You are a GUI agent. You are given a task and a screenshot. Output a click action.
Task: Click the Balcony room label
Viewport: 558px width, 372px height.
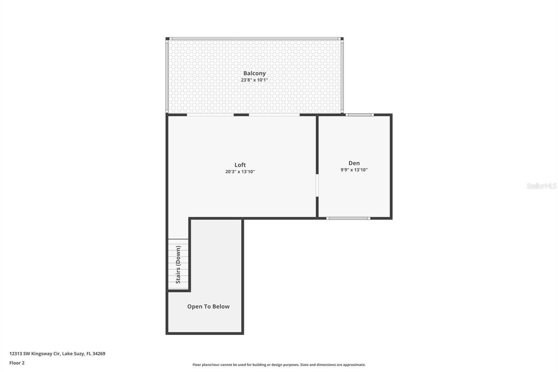pyautogui.click(x=254, y=73)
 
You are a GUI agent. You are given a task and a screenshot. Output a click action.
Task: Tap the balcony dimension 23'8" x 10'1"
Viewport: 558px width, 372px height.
pyautogui.click(x=254, y=80)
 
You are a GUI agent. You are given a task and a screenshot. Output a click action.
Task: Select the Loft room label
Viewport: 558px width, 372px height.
pyautogui.click(x=240, y=165)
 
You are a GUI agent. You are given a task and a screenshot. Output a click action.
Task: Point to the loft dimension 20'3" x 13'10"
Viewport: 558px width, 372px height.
pyautogui.click(x=240, y=172)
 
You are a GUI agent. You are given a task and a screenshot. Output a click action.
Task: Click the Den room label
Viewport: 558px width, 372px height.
pyautogui.click(x=354, y=163)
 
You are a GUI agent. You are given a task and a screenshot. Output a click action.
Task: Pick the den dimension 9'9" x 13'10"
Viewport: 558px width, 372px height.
pyautogui.click(x=354, y=170)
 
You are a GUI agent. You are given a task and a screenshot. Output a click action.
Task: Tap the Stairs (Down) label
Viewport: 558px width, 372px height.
pyautogui.click(x=178, y=265)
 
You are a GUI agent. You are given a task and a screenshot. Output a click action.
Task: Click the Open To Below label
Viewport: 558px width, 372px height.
pyautogui.click(x=208, y=306)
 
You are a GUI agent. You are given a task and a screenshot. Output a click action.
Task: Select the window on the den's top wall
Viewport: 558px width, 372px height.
pyautogui.click(x=360, y=115)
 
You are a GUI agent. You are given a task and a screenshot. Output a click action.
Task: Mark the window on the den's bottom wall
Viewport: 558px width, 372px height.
pyautogui.click(x=348, y=218)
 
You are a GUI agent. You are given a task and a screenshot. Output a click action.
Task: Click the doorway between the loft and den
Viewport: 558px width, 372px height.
pyautogui.click(x=317, y=185)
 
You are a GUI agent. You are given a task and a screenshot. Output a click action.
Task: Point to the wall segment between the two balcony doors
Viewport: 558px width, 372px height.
pyautogui.click(x=241, y=115)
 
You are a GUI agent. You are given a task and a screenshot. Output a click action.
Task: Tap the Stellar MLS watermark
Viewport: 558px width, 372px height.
pyautogui.click(x=541, y=186)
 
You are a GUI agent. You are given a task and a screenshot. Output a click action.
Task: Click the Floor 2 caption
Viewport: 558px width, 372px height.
pyautogui.click(x=17, y=363)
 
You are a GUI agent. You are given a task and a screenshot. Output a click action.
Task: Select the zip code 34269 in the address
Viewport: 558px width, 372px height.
pyautogui.click(x=99, y=354)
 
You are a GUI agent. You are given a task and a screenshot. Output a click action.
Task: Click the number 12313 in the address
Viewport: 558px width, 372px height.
pyautogui.click(x=15, y=354)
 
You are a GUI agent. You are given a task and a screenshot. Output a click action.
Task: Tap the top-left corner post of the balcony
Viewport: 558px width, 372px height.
pyautogui.click(x=167, y=39)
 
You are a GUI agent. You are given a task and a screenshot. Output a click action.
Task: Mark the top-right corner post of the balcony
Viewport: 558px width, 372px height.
pyautogui.click(x=342, y=39)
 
